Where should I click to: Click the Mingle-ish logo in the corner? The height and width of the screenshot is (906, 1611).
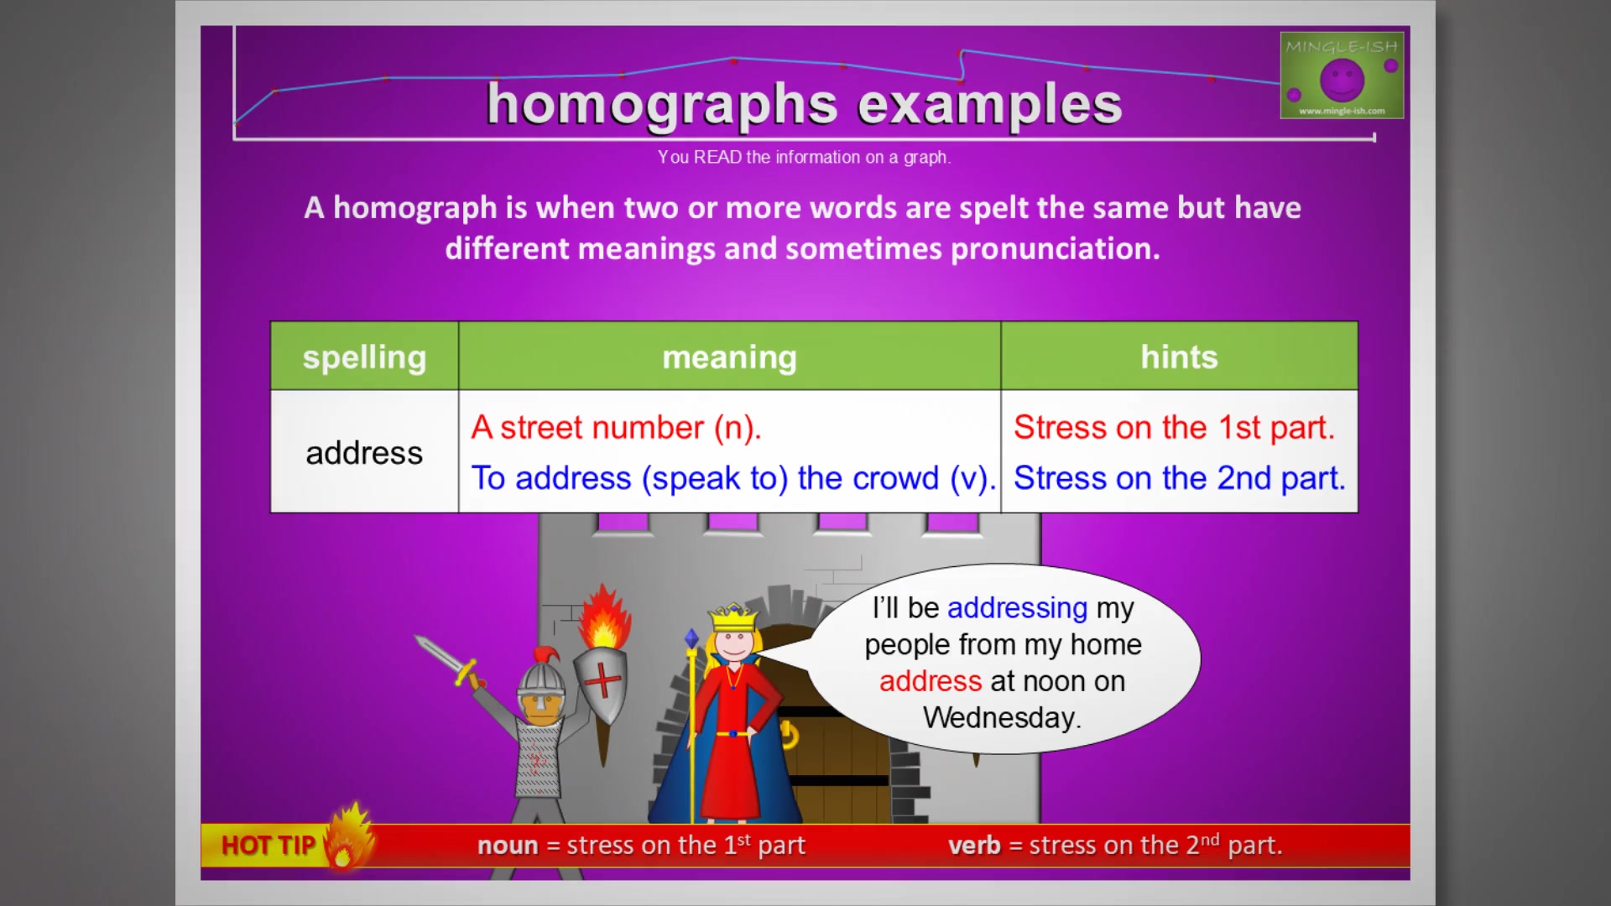1342,75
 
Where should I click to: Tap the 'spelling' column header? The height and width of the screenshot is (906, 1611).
364,357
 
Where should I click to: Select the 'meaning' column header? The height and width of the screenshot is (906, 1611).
729,357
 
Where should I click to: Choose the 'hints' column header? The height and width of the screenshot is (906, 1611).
1179,357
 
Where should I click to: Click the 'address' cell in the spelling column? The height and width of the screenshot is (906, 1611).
364,453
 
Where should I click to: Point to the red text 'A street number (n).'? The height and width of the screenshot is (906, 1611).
616,428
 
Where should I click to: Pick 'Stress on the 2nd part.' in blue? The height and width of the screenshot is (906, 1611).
1179,478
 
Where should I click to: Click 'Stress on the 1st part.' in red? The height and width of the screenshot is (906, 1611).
1174,428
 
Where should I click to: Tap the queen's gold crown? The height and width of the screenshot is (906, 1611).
733,618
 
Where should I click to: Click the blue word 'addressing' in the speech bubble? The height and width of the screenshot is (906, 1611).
1017,608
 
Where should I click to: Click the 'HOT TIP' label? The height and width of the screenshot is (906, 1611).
268,846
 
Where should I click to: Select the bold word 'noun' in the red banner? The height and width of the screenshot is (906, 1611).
508,846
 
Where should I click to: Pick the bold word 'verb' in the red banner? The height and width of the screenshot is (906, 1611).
974,846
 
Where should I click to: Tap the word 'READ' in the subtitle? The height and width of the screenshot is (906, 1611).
717,158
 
